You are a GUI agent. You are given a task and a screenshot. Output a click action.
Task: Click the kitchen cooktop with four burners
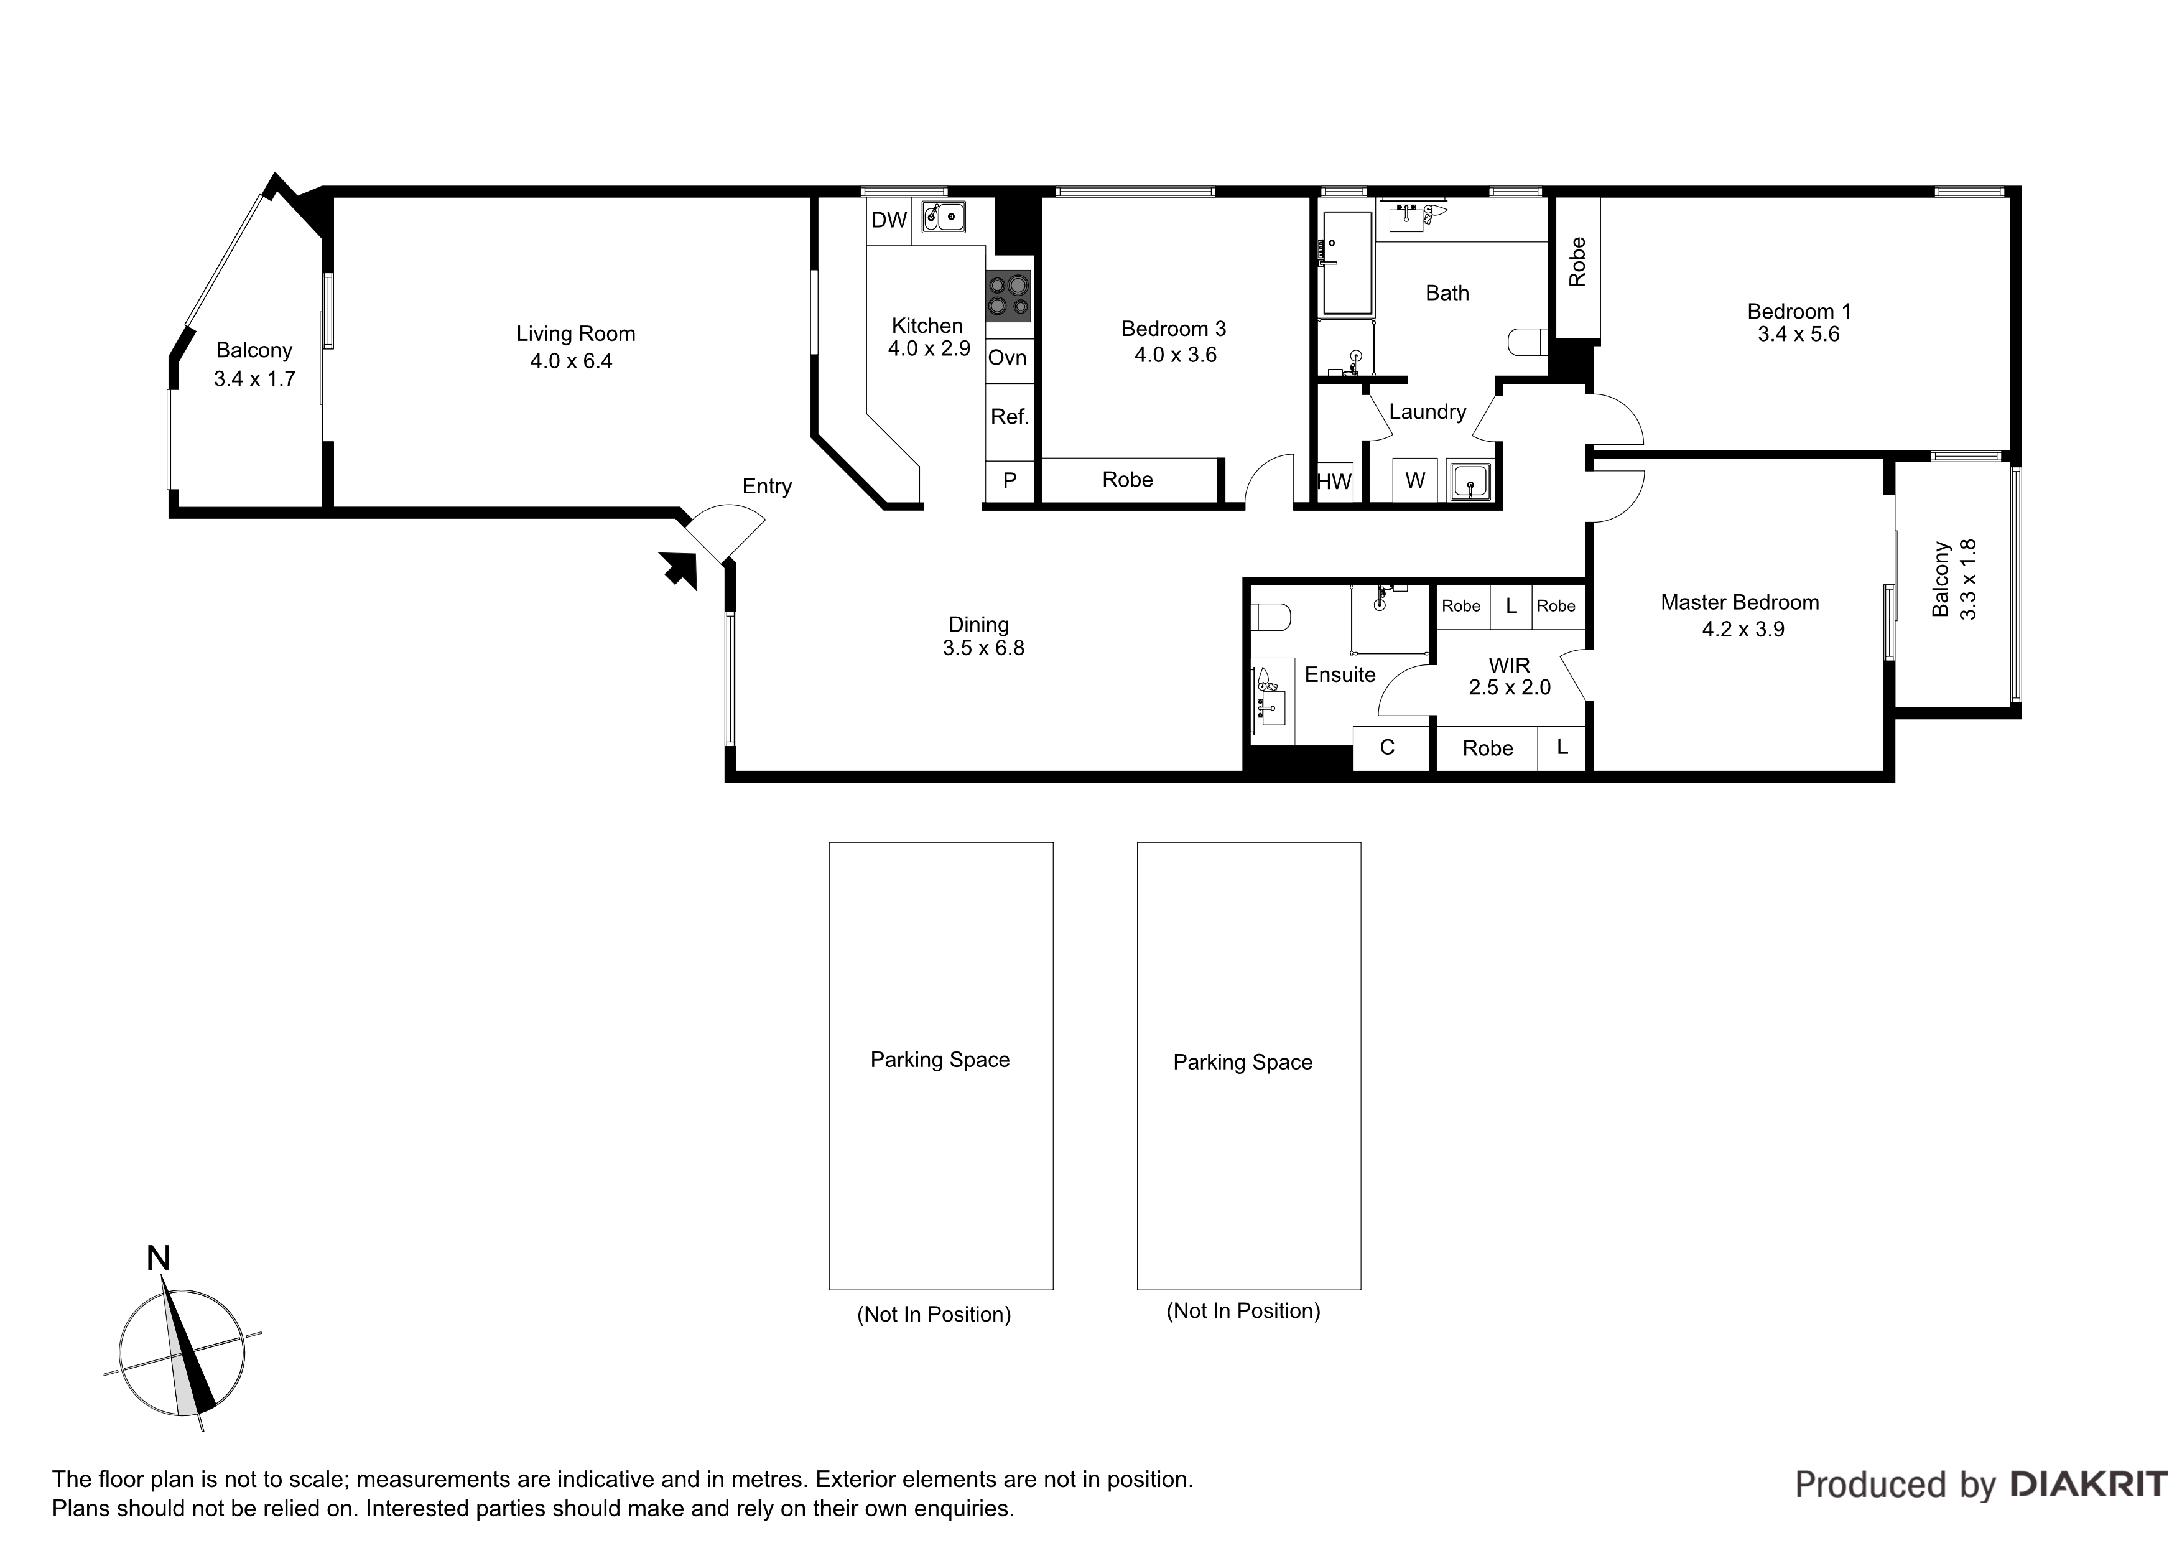coord(1008,296)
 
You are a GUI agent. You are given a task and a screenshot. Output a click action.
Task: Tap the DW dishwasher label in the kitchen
coord(889,221)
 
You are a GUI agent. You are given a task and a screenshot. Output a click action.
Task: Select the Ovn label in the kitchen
coord(1008,358)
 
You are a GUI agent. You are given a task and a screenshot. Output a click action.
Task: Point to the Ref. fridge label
coord(1010,416)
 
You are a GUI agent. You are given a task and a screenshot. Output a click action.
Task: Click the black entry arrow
coord(679,569)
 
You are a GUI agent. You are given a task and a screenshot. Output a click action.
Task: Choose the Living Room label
coord(576,333)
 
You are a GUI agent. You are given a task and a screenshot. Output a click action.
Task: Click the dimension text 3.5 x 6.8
coord(983,648)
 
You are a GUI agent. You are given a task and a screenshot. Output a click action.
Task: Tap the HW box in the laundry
coord(1334,481)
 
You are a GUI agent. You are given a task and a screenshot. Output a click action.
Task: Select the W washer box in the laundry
coord(1415,480)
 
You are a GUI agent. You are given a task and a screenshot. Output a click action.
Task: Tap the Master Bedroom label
coord(1740,603)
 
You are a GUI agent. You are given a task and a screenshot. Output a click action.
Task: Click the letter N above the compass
coord(159,1259)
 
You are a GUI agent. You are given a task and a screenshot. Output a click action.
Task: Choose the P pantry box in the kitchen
coord(1010,481)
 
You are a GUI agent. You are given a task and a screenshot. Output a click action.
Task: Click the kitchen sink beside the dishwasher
coord(943,218)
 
